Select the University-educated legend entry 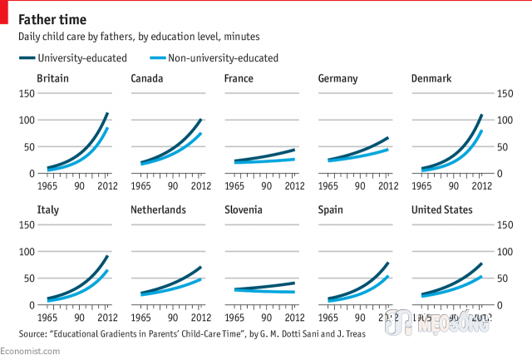pyautogui.click(x=72, y=57)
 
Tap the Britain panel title pyautogui.click(x=52, y=79)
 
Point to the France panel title pyautogui.click(x=239, y=79)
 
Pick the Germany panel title pyautogui.click(x=338, y=79)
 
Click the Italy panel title pyautogui.click(x=47, y=210)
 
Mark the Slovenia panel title pyautogui.click(x=245, y=210)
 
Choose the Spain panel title pyautogui.click(x=332, y=210)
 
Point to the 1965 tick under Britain pyautogui.click(x=48, y=185)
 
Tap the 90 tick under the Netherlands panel pyautogui.click(x=171, y=317)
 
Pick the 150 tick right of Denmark pyautogui.click(x=504, y=93)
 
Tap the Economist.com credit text pyautogui.click(x=30, y=353)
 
